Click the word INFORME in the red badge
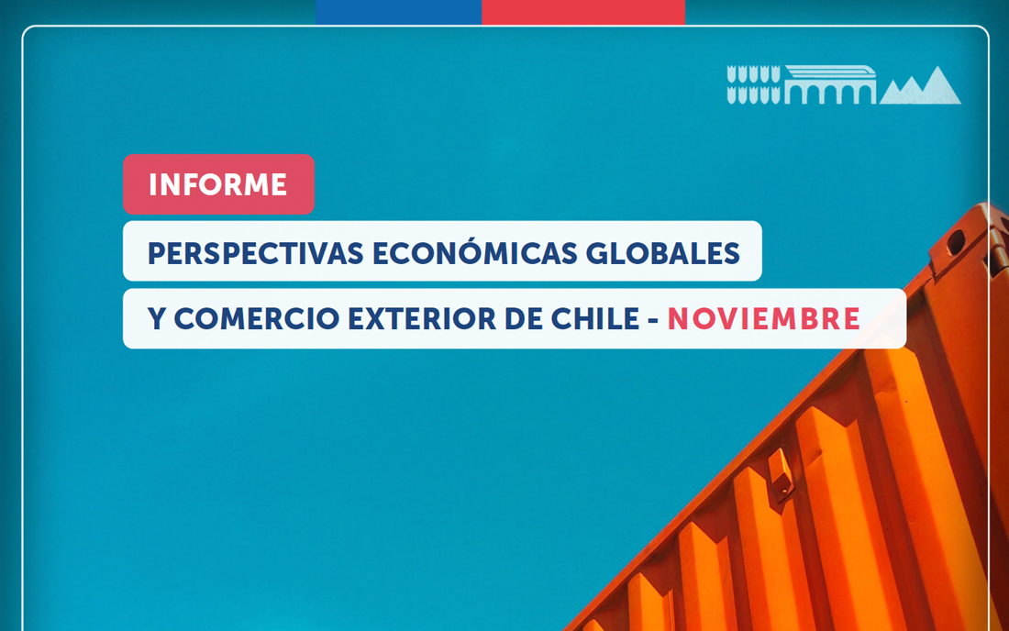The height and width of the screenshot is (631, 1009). click(218, 184)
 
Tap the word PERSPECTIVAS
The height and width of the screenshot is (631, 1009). click(256, 253)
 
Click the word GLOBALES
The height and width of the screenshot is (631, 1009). click(663, 253)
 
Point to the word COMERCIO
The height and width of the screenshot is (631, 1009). click(257, 318)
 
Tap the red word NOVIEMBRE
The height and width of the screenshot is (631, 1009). click(764, 318)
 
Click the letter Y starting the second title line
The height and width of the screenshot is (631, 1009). click(156, 318)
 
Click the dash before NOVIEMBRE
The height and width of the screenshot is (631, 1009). click(653, 320)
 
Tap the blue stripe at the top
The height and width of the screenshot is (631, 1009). click(398, 12)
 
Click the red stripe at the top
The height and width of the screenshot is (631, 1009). click(583, 12)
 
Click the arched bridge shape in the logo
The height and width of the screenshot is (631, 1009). click(830, 85)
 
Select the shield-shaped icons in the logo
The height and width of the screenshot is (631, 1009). click(753, 85)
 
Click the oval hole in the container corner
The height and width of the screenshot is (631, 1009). click(956, 241)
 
